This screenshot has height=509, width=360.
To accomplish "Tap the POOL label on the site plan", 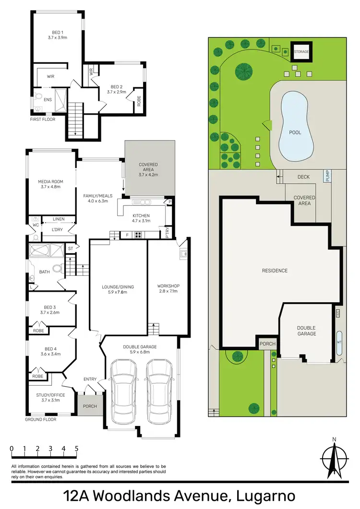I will pyautogui.click(x=295, y=132).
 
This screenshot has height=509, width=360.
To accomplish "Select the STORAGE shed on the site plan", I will pyautogui.click(x=301, y=51).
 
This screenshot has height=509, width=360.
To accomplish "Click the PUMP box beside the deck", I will pyautogui.click(x=328, y=176).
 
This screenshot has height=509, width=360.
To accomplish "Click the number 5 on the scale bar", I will pyautogui.click(x=76, y=449).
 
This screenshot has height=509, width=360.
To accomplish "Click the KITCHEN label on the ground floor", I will pyautogui.click(x=141, y=216).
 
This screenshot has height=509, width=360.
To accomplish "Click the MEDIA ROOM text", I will pyautogui.click(x=50, y=181).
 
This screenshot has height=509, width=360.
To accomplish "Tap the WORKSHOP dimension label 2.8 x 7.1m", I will pyautogui.click(x=168, y=291).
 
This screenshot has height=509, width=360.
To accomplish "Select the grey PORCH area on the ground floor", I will pyautogui.click(x=90, y=406).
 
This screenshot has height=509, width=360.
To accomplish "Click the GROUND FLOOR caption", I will pyautogui.click(x=40, y=419).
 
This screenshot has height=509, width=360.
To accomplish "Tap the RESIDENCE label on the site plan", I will pyautogui.click(x=275, y=271).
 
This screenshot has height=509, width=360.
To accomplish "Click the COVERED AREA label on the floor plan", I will pyautogui.click(x=148, y=167).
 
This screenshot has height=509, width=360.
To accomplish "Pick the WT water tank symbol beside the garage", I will pyautogui.click(x=339, y=343).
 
